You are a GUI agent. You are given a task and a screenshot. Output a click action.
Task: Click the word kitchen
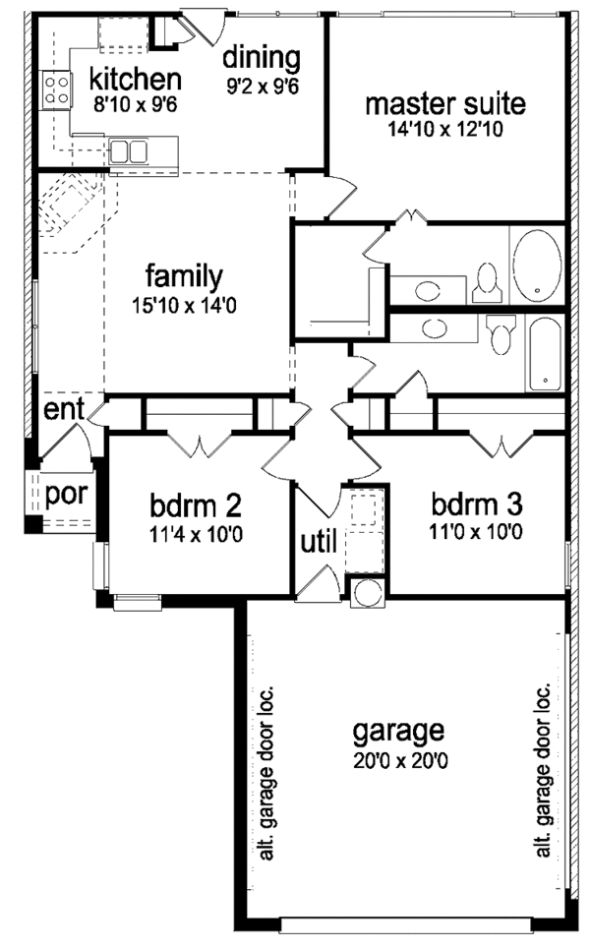136,79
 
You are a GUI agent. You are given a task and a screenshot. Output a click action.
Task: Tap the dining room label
261,56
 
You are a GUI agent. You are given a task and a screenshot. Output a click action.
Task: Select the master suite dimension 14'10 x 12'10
445,128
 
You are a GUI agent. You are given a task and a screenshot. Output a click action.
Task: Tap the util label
317,541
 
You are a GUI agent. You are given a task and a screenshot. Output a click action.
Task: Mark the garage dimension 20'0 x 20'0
398,760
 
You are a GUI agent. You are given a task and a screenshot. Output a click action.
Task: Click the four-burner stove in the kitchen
56,90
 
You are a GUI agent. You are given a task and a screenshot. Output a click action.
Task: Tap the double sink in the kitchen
129,151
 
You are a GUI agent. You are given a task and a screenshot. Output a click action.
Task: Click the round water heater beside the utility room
367,593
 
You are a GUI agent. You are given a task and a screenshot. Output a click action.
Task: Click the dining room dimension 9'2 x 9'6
261,85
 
